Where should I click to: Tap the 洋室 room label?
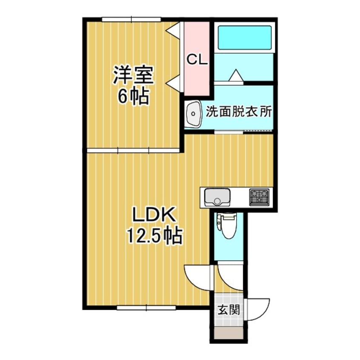132,76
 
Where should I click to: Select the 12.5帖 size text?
154,235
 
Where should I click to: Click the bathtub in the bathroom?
244,38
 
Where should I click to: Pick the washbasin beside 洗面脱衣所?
194,114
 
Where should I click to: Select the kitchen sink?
217,197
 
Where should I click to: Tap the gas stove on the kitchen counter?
259,197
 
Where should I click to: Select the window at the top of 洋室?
131,19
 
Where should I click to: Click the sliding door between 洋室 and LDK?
133,150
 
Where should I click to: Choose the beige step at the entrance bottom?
229,333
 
